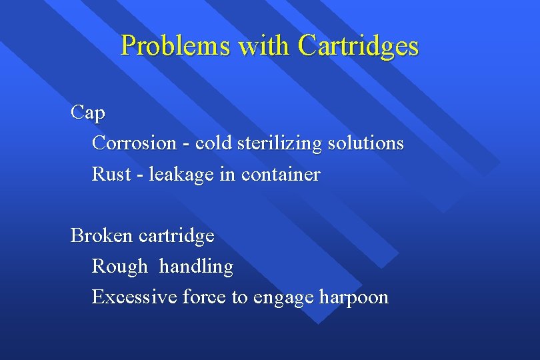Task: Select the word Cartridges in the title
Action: pos(359,46)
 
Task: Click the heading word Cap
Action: pos(87,113)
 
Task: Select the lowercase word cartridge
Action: pos(177,235)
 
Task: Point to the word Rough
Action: pos(120,267)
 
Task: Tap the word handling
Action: pos(197,267)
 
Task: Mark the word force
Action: pos(204,297)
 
